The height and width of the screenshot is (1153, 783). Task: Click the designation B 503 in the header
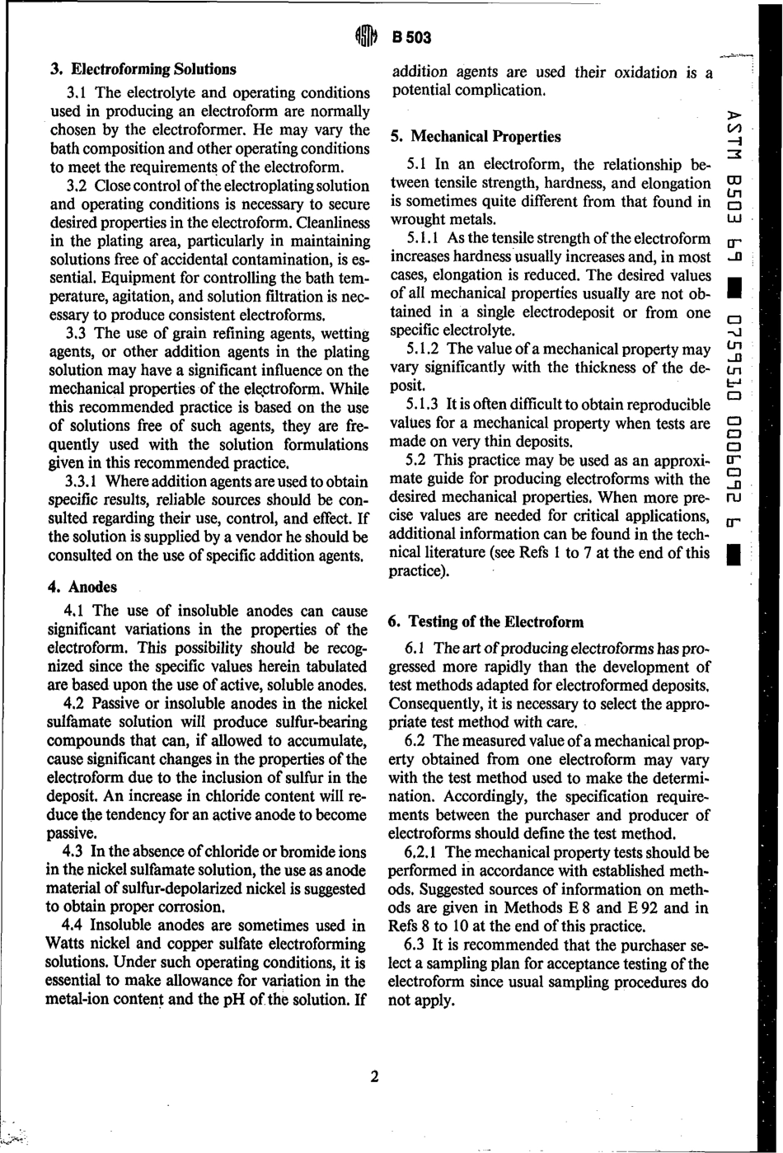tap(412, 37)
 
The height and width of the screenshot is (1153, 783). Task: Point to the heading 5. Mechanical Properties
tap(476, 137)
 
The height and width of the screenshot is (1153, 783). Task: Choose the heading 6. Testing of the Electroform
tap(486, 622)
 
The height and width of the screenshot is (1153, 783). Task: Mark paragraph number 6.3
tap(415, 944)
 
